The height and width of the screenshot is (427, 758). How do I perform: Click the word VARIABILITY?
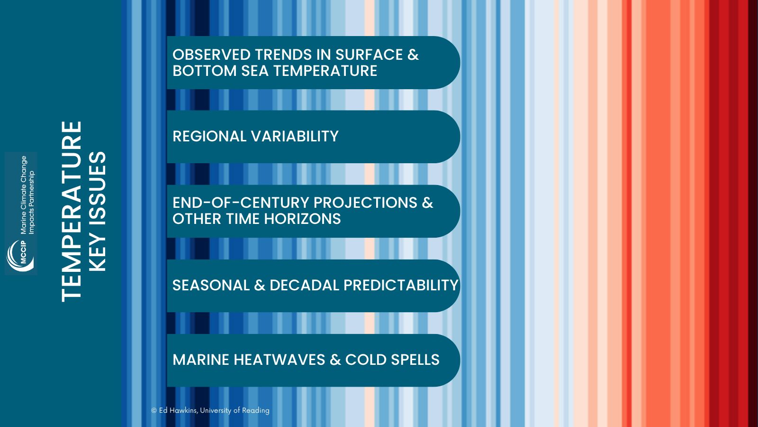click(295, 136)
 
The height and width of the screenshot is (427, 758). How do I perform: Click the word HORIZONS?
click(302, 219)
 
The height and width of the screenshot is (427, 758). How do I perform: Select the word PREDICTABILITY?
click(401, 285)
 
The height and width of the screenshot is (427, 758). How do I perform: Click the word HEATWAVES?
click(279, 360)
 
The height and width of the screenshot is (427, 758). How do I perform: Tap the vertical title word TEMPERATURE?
click(72, 212)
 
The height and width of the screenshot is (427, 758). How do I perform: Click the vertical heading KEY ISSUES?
click(98, 212)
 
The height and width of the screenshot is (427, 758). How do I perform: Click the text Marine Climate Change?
click(23, 195)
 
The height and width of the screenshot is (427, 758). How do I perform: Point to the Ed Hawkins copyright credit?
click(210, 410)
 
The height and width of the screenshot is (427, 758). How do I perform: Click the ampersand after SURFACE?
click(413, 55)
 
